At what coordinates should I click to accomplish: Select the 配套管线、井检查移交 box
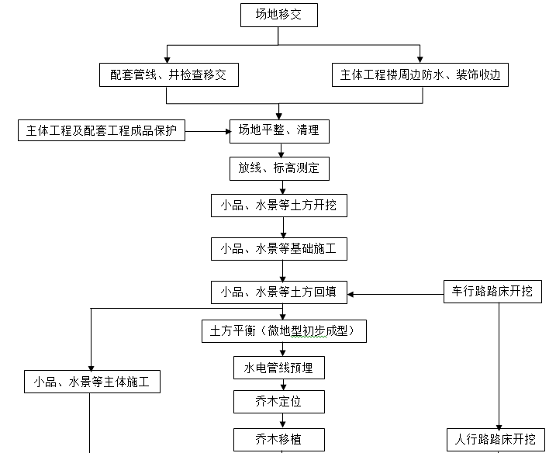tap(168, 75)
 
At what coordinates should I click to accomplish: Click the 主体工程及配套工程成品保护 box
tap(102, 130)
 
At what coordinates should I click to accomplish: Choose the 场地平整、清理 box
tap(278, 131)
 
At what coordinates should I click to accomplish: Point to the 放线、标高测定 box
tap(278, 168)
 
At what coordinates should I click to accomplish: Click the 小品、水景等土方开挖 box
tap(278, 206)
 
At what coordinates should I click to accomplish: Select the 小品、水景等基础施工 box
tap(278, 249)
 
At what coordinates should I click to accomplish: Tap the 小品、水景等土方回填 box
tap(278, 292)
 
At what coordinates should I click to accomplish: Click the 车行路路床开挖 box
tap(492, 292)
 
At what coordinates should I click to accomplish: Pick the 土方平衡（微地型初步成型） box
tap(283, 330)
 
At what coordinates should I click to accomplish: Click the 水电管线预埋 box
tap(278, 367)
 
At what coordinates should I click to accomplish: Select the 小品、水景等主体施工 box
tap(97, 382)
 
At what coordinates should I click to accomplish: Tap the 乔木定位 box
tap(278, 402)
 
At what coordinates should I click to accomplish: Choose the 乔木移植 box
tap(278, 439)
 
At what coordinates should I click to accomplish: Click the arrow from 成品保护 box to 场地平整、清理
tap(207, 131)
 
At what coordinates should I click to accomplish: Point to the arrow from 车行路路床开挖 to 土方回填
tap(395, 294)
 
